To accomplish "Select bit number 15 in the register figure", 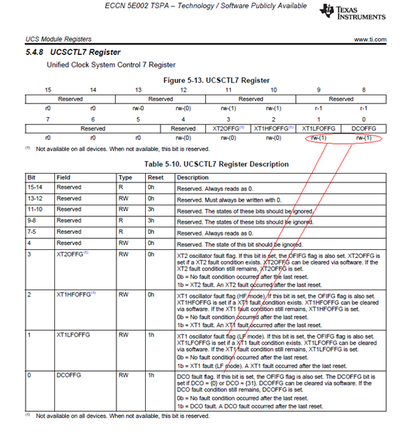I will click(48, 89).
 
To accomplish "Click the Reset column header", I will click(155, 177).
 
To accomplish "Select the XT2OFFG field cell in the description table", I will click(70, 253).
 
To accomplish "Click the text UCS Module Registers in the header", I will click(56, 38).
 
